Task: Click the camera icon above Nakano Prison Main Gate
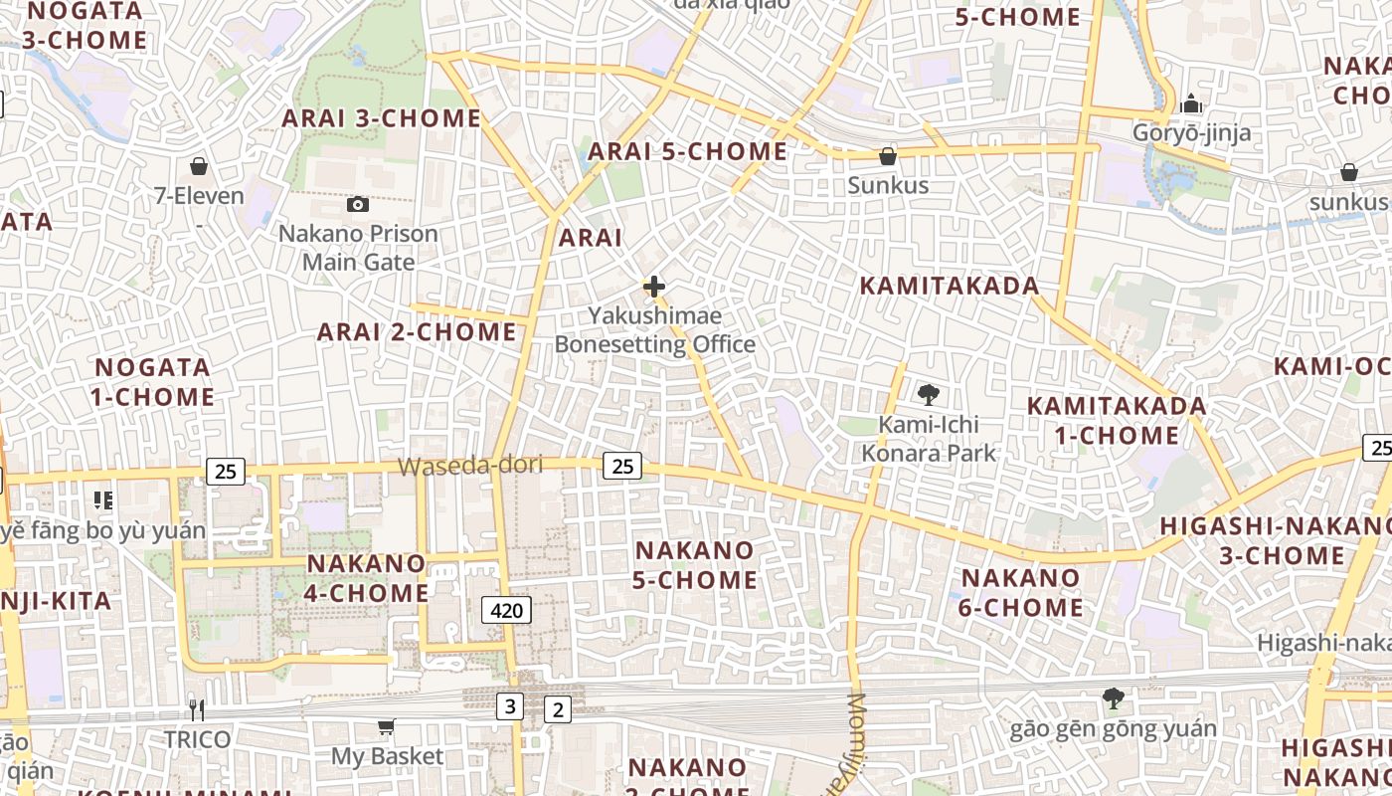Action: [358, 204]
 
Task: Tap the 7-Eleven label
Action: [199, 195]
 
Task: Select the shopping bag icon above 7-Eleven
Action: [199, 165]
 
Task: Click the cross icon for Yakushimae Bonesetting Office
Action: [654, 287]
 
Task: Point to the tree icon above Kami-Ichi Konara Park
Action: [928, 395]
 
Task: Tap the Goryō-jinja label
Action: [1191, 132]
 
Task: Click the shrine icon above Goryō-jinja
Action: [1191, 103]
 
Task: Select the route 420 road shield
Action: [506, 610]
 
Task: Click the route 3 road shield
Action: [510, 706]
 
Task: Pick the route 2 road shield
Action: [558, 709]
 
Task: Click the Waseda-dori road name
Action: [470, 466]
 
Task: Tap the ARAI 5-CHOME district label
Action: [687, 151]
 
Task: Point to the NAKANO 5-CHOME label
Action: [695, 564]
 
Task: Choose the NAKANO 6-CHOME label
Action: [1021, 592]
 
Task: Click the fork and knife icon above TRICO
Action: [197, 709]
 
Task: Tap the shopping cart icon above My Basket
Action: [386, 727]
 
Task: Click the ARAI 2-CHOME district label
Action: [417, 331]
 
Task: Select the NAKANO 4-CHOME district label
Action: [367, 578]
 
